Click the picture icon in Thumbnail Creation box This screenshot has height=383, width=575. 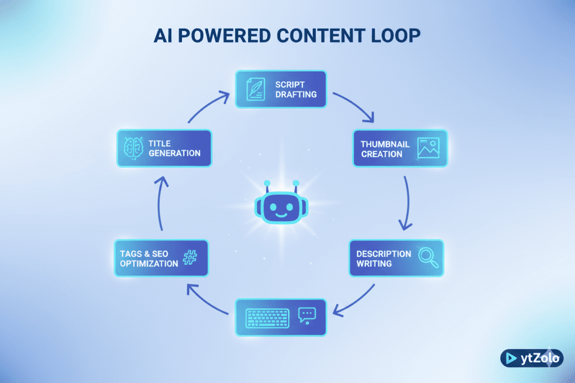point(428,148)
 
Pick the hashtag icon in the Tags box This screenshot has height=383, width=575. point(190,258)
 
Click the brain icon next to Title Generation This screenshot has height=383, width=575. point(133,148)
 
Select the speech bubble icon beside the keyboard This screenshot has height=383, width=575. point(307,315)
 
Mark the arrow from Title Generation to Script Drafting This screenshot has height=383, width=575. point(208,107)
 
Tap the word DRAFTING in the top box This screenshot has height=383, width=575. point(296,94)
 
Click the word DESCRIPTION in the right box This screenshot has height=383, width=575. point(384,253)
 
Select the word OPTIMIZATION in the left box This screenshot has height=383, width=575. point(149,263)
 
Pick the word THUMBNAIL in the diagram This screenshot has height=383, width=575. point(385,144)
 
